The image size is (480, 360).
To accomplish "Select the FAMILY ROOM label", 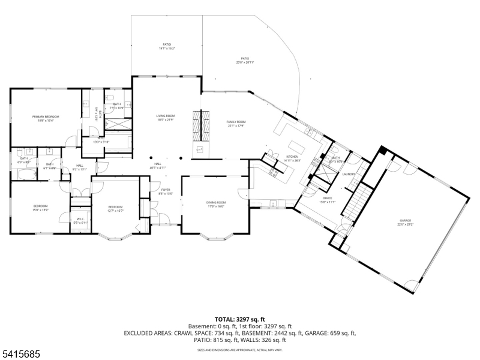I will click(x=236, y=124).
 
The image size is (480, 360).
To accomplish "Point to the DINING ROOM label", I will click(x=215, y=205).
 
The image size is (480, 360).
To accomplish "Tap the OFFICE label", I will click(x=328, y=200).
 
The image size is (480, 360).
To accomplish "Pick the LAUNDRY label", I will click(x=349, y=175).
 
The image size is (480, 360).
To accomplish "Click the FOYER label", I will click(x=165, y=191).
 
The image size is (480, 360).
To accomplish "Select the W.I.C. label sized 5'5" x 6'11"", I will click(x=80, y=220).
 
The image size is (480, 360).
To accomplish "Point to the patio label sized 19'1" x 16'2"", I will click(x=167, y=46).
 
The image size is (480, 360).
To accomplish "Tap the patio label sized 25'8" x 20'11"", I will click(x=245, y=60).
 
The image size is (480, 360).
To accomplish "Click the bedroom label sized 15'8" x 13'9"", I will click(x=40, y=208).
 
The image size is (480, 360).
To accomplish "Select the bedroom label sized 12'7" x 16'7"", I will click(x=115, y=208).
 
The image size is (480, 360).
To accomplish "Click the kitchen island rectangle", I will click(x=298, y=148).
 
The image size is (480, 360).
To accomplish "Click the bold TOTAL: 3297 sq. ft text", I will click(x=240, y=319).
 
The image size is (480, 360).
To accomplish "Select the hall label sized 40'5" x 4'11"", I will click(x=157, y=166).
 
